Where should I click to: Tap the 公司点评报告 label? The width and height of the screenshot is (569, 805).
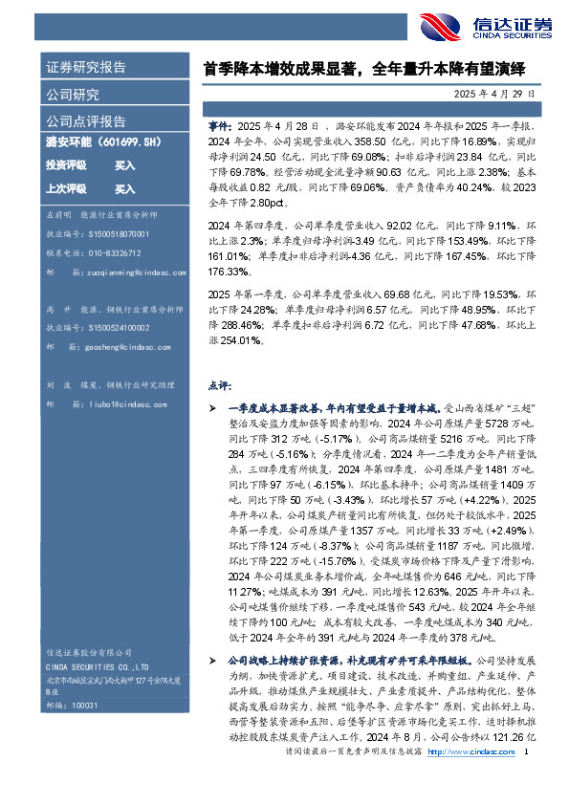[x=86, y=121]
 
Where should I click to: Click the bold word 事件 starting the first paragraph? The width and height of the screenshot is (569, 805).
[x=219, y=126]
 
